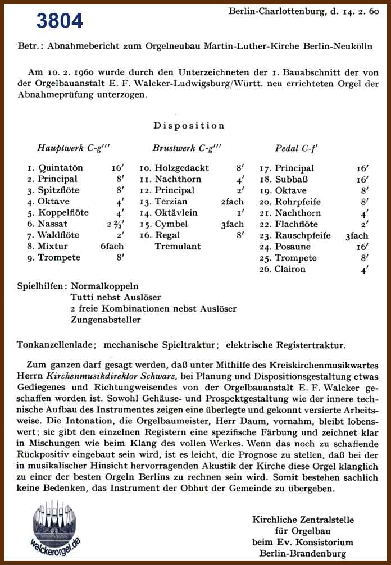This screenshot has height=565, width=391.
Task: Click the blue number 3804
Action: coord(60,21)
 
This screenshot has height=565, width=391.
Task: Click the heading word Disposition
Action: coord(189,125)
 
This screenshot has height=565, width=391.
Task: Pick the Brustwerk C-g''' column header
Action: coord(187,148)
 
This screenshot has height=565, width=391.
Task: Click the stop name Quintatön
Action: coord(61,168)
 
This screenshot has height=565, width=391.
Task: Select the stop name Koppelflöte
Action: coord(63,213)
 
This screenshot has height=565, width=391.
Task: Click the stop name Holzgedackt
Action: coord(182,168)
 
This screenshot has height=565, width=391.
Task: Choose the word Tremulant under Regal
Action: coord(178,247)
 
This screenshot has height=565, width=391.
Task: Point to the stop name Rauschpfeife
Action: coord(302,235)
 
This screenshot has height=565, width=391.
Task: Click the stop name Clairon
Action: coord(290,269)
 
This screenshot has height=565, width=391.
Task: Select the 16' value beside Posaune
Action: coord(362,247)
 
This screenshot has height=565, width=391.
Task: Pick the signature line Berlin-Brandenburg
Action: coord(303,553)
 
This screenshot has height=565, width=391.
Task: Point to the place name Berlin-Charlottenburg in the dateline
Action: coord(271,11)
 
